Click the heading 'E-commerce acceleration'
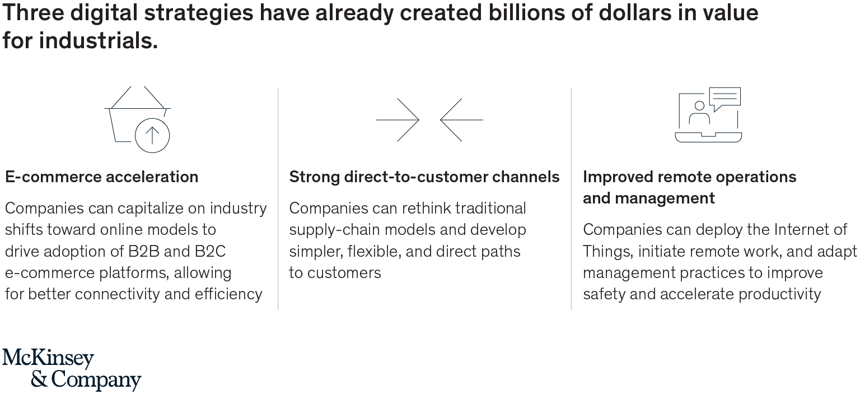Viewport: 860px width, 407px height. pos(102,177)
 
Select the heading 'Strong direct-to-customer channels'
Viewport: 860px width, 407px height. pos(424,177)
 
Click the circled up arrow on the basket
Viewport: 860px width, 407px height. pos(152,136)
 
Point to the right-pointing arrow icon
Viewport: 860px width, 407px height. pos(398,120)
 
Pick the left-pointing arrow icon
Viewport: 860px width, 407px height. pos(461,120)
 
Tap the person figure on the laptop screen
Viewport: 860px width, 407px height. pos(699,113)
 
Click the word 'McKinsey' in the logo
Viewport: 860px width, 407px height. pos(48,358)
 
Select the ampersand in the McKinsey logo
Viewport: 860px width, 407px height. pos(39,380)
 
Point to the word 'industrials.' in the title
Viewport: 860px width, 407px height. pos(99,40)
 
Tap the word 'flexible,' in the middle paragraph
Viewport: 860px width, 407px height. pos(373,252)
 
